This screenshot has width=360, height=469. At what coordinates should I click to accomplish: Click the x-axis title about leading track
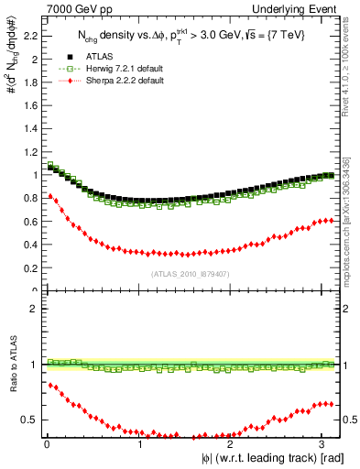(x=266, y=457)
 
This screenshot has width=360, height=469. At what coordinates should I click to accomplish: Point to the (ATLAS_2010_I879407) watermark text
(x=190, y=273)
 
